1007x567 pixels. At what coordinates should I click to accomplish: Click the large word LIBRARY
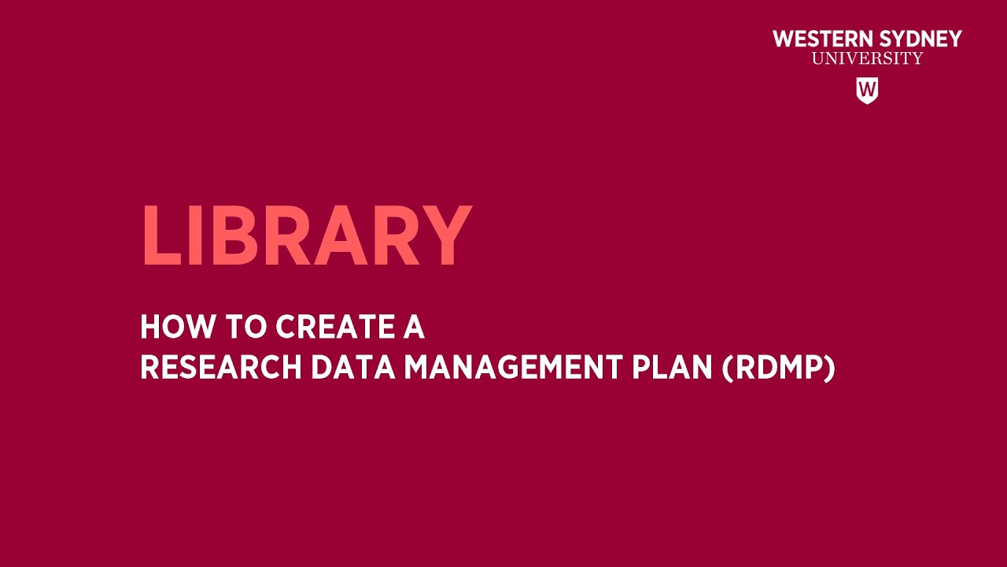click(306, 236)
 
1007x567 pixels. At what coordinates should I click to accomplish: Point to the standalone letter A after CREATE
click(414, 327)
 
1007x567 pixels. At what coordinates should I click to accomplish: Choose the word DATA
click(353, 368)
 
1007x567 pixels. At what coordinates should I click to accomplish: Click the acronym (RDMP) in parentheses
click(778, 368)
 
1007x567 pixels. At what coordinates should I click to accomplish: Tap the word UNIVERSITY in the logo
click(867, 58)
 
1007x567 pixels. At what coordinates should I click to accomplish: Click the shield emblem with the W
click(867, 90)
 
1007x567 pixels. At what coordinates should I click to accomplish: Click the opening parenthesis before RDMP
click(728, 368)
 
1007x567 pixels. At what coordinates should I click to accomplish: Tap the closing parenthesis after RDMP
click(829, 368)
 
